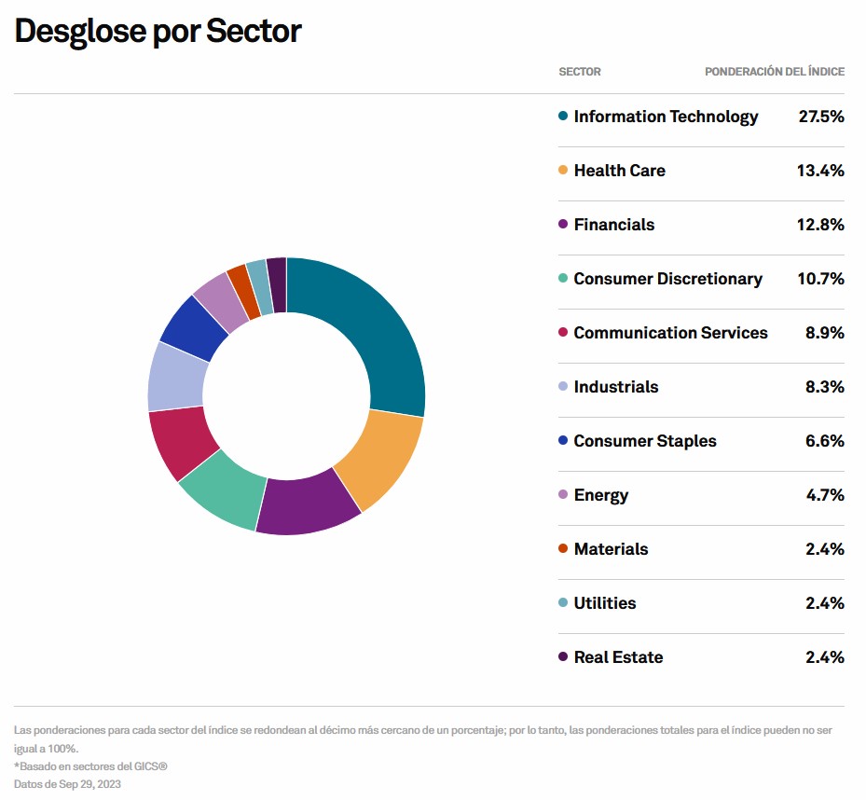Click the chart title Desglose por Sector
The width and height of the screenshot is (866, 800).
[158, 31]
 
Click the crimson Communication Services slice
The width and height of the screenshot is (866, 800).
[179, 440]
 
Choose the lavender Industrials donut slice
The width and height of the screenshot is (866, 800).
[175, 377]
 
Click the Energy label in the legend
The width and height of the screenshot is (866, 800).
[600, 495]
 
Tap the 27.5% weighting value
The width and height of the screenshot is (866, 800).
[820, 117]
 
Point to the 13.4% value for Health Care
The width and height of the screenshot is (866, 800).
[820, 171]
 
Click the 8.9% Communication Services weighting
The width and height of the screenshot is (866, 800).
[824, 333]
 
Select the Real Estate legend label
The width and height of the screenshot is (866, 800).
[618, 657]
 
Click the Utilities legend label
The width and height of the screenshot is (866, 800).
[604, 603]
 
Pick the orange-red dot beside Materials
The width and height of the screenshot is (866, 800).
[562, 549]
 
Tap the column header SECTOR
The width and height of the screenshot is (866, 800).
[579, 72]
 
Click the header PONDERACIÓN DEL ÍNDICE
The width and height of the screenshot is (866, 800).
[774, 72]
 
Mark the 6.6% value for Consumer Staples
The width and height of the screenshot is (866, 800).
[824, 441]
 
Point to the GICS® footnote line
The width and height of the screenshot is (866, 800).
[90, 766]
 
